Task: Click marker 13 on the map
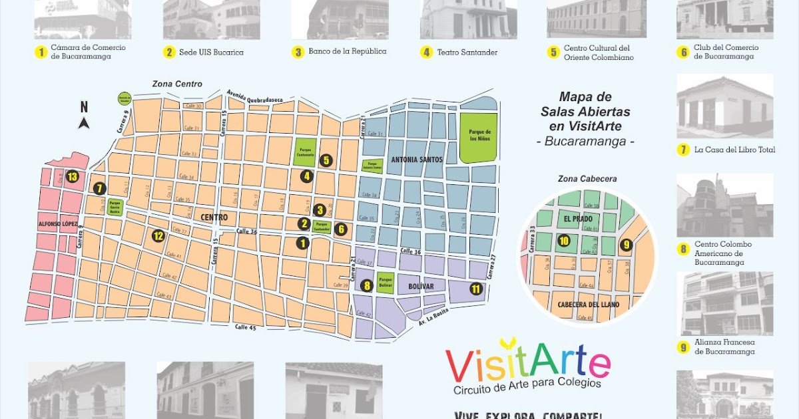pyautogui.click(x=72, y=176)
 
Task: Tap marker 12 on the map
pyautogui.click(x=158, y=235)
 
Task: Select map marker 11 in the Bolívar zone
pyautogui.click(x=475, y=289)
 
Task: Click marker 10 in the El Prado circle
pyautogui.click(x=564, y=241)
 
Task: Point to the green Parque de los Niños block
pyautogui.click(x=479, y=136)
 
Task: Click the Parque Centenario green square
pyautogui.click(x=306, y=151)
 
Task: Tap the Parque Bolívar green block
pyautogui.click(x=386, y=283)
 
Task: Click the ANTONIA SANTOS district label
pyautogui.click(x=416, y=160)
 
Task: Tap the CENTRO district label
pyautogui.click(x=213, y=217)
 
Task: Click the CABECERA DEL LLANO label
pyautogui.click(x=585, y=305)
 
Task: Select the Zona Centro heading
pyautogui.click(x=176, y=84)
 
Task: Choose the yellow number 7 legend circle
pyautogui.click(x=682, y=150)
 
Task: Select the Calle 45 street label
pyautogui.click(x=246, y=327)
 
